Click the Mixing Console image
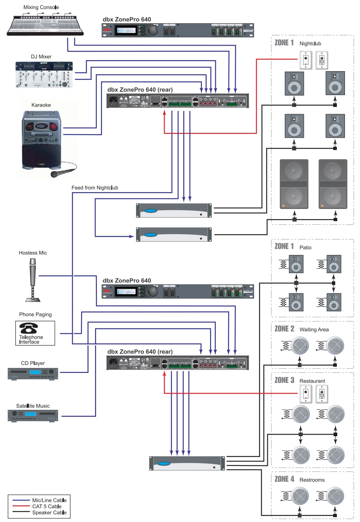tap(46, 25)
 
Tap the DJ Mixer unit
tap(44, 74)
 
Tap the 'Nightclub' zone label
tap(311, 43)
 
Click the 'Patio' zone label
tap(306, 247)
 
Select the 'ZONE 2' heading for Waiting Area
tap(284, 329)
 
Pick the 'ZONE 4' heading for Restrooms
tap(284, 479)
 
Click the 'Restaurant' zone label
tap(312, 381)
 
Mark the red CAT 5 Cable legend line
tap(20, 506)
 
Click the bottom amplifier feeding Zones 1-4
tap(187, 463)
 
